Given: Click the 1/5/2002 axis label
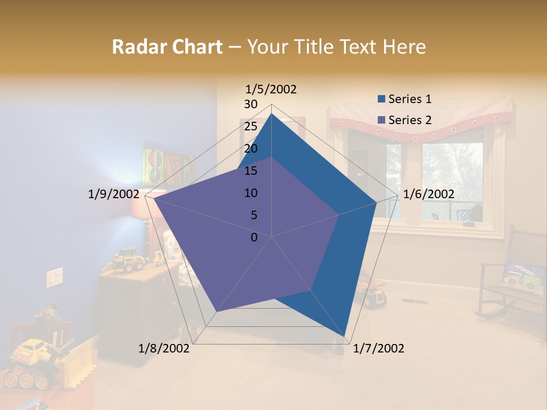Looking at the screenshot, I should pyautogui.click(x=271, y=89).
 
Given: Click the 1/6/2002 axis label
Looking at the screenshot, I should pyautogui.click(x=428, y=194).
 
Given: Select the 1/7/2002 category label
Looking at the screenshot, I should pyautogui.click(x=378, y=348).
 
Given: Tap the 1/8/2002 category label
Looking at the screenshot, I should pyautogui.click(x=164, y=348).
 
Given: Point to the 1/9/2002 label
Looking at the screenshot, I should pyautogui.click(x=113, y=194).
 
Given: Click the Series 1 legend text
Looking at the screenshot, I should pyautogui.click(x=410, y=99).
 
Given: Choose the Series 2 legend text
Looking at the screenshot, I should pyautogui.click(x=410, y=120).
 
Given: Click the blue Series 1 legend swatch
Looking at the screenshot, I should pyautogui.click(x=382, y=100).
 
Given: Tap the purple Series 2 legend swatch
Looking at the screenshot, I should pyautogui.click(x=382, y=121).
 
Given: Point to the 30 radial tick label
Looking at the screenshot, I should pyautogui.click(x=250, y=104).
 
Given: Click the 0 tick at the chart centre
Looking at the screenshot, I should pyautogui.click(x=254, y=237).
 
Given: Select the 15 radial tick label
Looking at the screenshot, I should pyautogui.click(x=250, y=171).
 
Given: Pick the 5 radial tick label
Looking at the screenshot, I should pyautogui.click(x=254, y=215).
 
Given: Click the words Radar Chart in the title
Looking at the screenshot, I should pyautogui.click(x=167, y=47).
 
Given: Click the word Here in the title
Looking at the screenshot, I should pyautogui.click(x=404, y=47).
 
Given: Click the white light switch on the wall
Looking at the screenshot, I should pyautogui.click(x=54, y=277).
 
